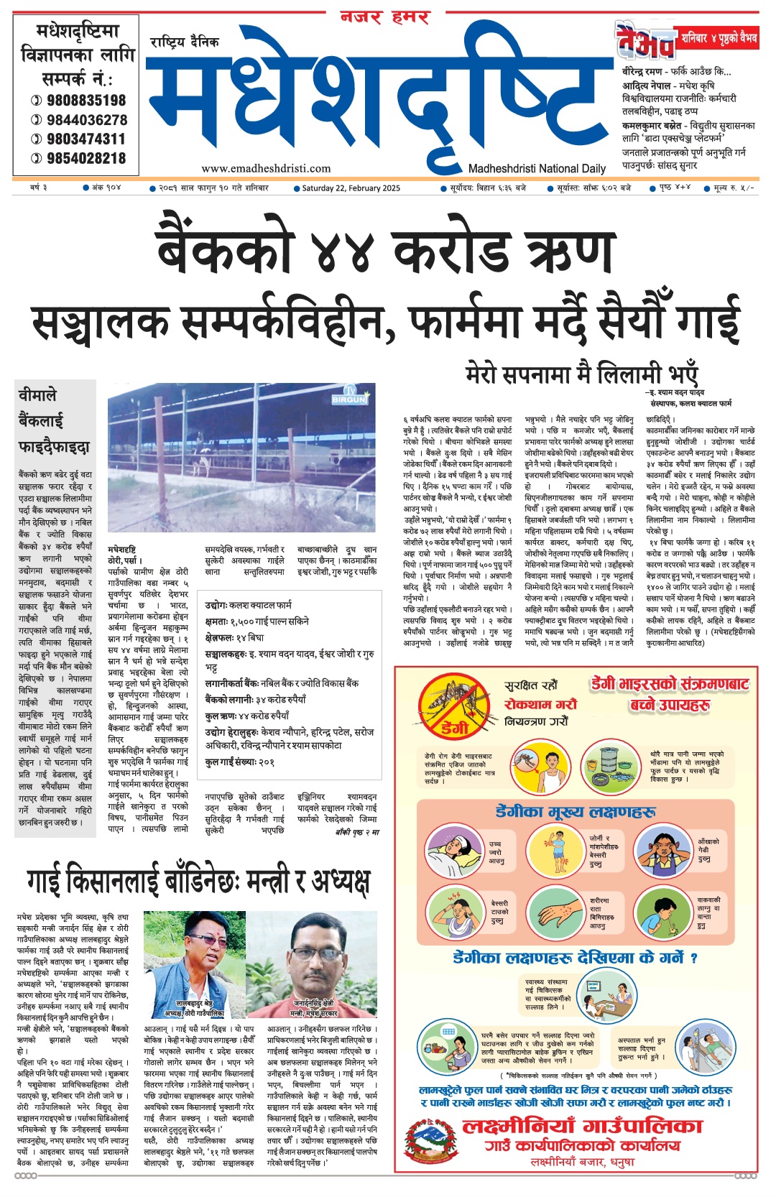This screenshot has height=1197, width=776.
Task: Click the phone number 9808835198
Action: pos(86,101)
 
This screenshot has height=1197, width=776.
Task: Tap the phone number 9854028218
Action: pos(86,158)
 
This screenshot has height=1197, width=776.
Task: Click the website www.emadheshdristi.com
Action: pos(266,169)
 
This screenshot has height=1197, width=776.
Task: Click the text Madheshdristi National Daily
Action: pos(537,169)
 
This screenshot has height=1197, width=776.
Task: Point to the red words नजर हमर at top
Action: pos(385,17)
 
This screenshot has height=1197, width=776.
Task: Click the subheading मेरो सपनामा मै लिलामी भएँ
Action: pos(581,374)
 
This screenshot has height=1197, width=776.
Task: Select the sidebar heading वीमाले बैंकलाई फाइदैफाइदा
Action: pos(54,421)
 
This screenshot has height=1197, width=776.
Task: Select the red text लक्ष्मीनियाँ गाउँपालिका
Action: pos(582,1126)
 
